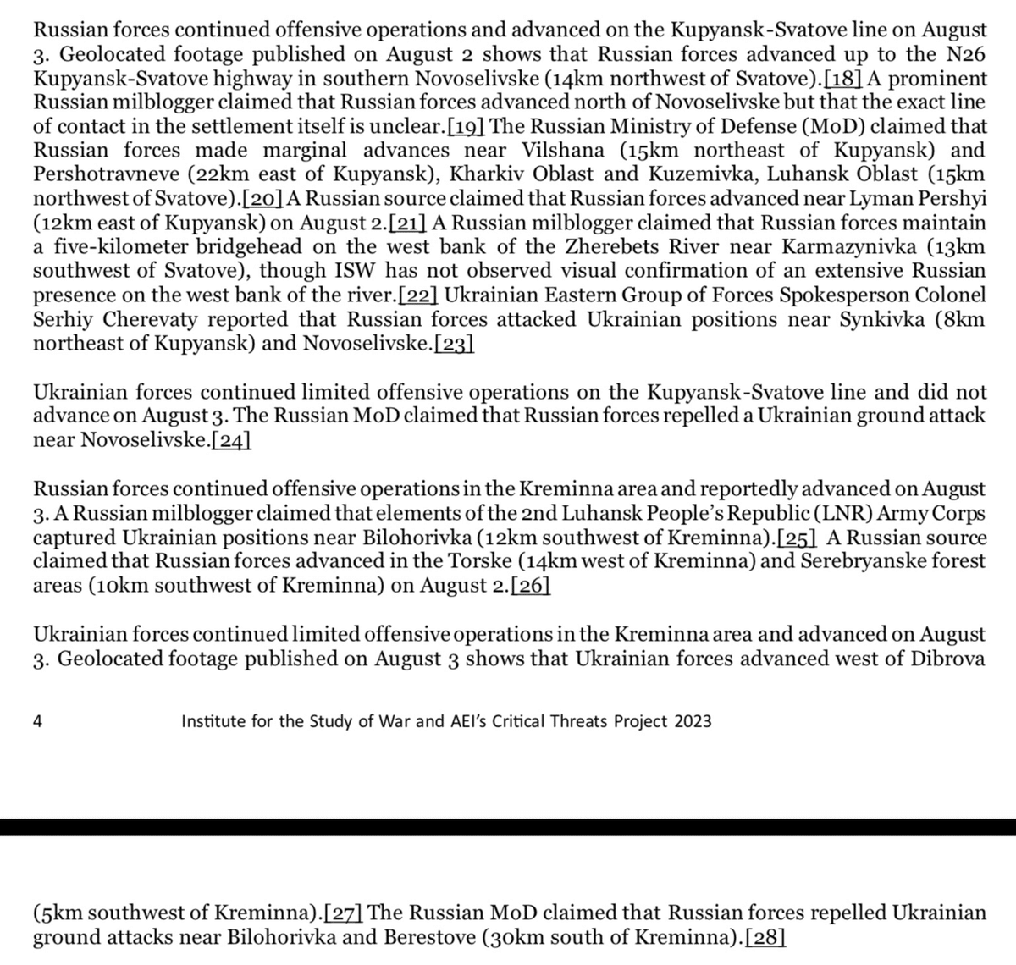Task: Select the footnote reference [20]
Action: pyautogui.click(x=263, y=199)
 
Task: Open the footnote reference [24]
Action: pyautogui.click(x=230, y=440)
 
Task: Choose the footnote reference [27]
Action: pyautogui.click(x=344, y=913)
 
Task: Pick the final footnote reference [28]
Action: pyautogui.click(x=765, y=937)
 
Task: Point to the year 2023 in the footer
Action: pyautogui.click(x=692, y=721)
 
